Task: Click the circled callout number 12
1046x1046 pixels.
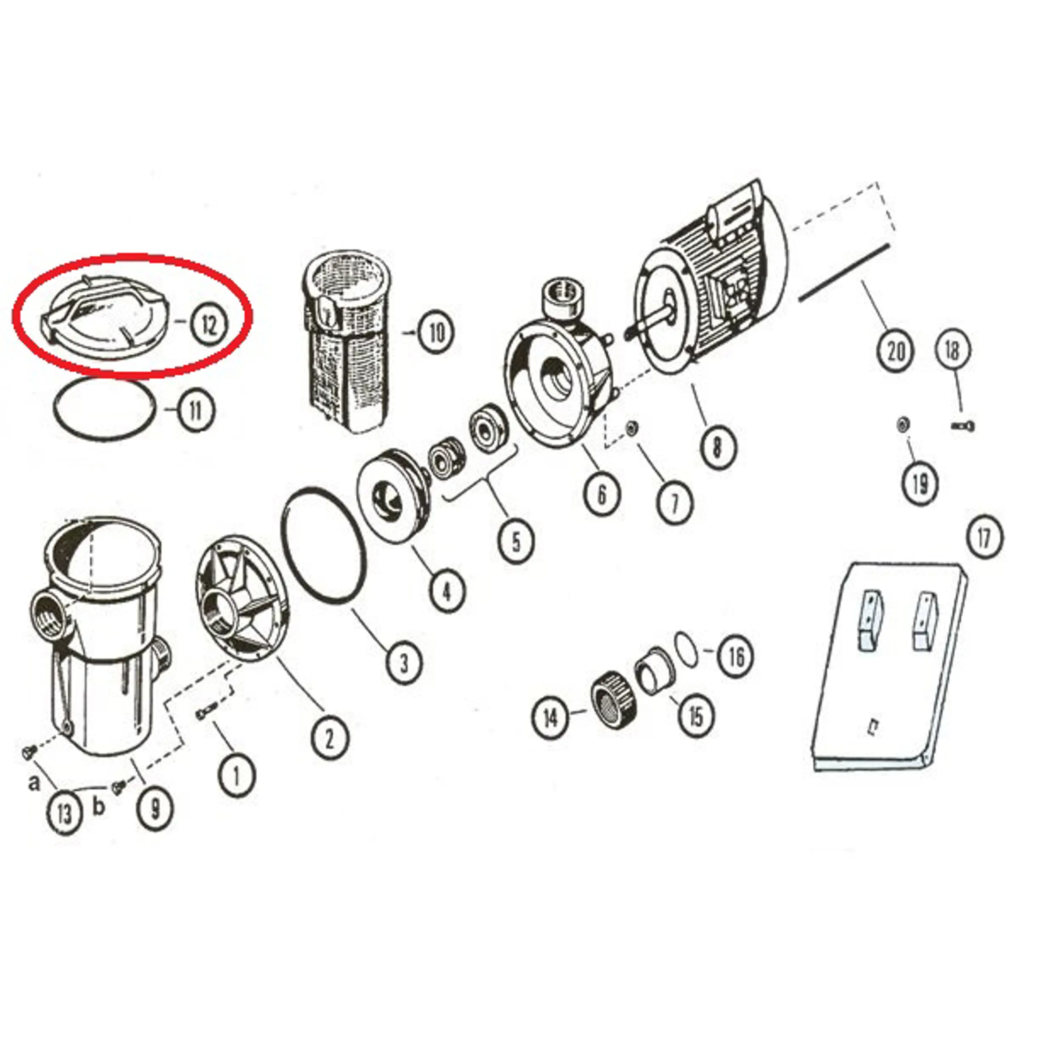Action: [x=209, y=325]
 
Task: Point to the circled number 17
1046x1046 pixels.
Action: [x=984, y=538]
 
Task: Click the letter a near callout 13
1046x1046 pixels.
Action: [x=34, y=782]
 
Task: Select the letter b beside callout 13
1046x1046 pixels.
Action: [x=98, y=807]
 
